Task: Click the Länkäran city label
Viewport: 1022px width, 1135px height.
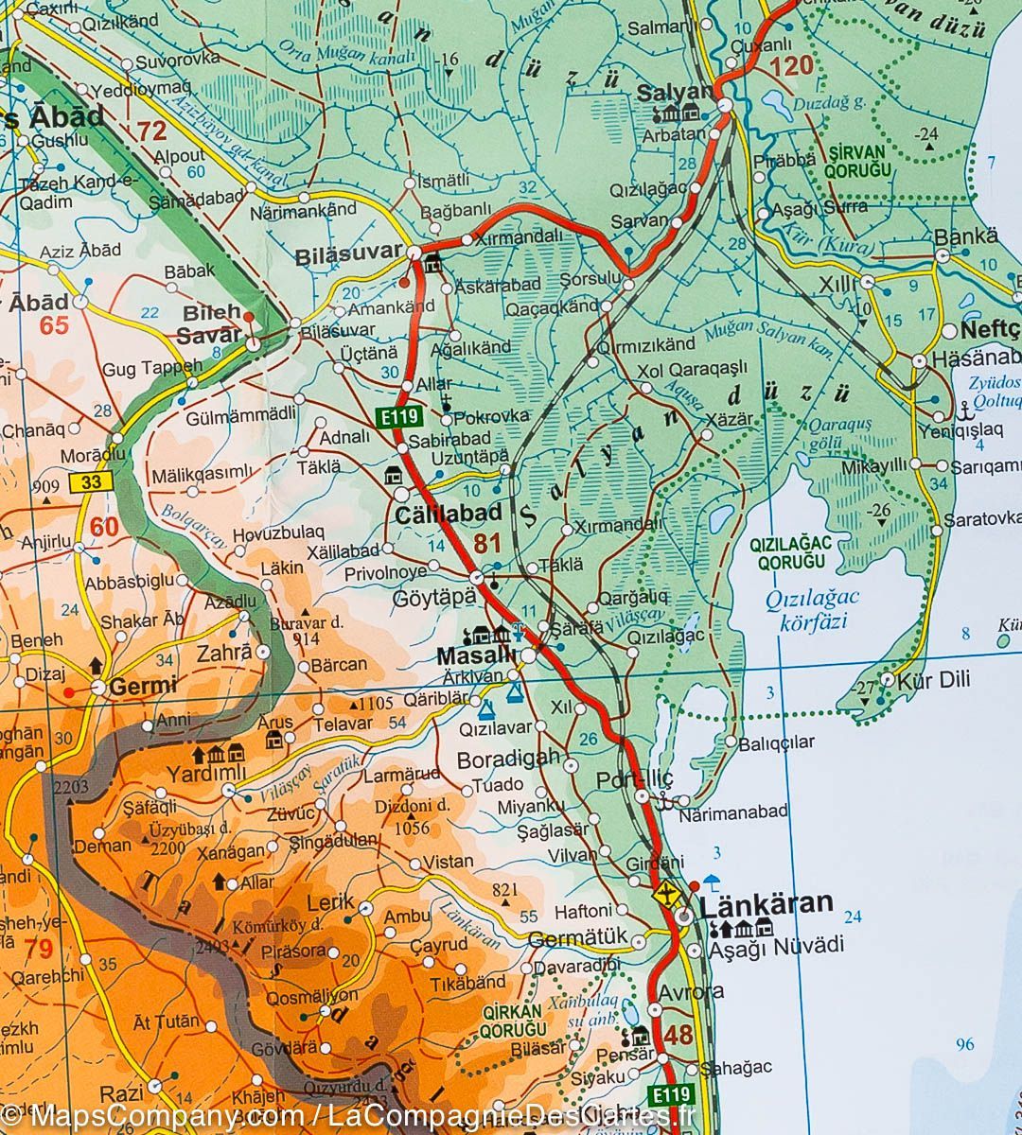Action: tap(766, 903)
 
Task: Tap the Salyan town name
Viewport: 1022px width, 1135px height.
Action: tap(674, 93)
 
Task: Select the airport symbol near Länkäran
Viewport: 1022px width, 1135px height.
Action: tap(667, 893)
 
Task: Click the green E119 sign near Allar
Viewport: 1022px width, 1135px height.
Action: tap(396, 417)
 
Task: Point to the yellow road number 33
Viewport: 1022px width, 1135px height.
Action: tap(90, 482)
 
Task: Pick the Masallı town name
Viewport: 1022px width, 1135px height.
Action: tap(476, 655)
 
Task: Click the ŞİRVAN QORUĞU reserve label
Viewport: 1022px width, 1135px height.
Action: tap(858, 162)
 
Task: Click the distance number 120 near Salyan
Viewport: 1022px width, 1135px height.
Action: tap(791, 66)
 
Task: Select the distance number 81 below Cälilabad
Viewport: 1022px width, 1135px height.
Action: tap(487, 543)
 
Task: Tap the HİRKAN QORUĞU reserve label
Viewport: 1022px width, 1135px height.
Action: tap(514, 1020)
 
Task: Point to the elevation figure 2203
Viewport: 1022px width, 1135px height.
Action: tap(70, 787)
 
